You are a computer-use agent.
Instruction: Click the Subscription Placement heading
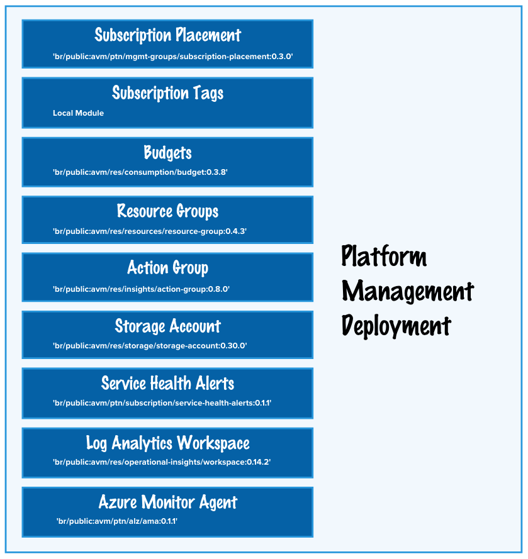pyautogui.click(x=167, y=35)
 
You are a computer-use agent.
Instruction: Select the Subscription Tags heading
pyautogui.click(x=167, y=93)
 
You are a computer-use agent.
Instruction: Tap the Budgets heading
pyautogui.click(x=167, y=153)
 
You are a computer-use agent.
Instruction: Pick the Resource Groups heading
pyautogui.click(x=167, y=211)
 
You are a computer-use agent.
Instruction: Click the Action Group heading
pyautogui.click(x=167, y=268)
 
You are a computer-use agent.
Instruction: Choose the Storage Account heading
pyautogui.click(x=167, y=326)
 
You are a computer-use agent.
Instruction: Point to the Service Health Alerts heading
pyautogui.click(x=167, y=383)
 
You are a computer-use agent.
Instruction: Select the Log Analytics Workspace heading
pyautogui.click(x=167, y=443)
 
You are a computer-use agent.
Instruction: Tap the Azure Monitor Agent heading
pyautogui.click(x=167, y=502)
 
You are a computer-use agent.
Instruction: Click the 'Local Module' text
pyautogui.click(x=78, y=113)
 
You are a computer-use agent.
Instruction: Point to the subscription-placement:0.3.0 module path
pyautogui.click(x=173, y=57)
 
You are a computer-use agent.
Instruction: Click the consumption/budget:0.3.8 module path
pyautogui.click(x=140, y=172)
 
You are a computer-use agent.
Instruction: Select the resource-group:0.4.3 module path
pyautogui.click(x=150, y=231)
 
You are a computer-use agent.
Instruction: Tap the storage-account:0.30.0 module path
pyautogui.click(x=154, y=345)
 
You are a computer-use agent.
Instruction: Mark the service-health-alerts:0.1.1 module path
pyautogui.click(x=162, y=402)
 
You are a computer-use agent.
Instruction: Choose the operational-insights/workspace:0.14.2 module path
pyautogui.click(x=162, y=462)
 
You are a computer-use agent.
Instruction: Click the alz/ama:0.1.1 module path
pyautogui.click(x=117, y=521)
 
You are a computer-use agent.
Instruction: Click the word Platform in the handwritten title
pyautogui.click(x=384, y=257)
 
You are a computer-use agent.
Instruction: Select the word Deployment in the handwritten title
pyautogui.click(x=396, y=326)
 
